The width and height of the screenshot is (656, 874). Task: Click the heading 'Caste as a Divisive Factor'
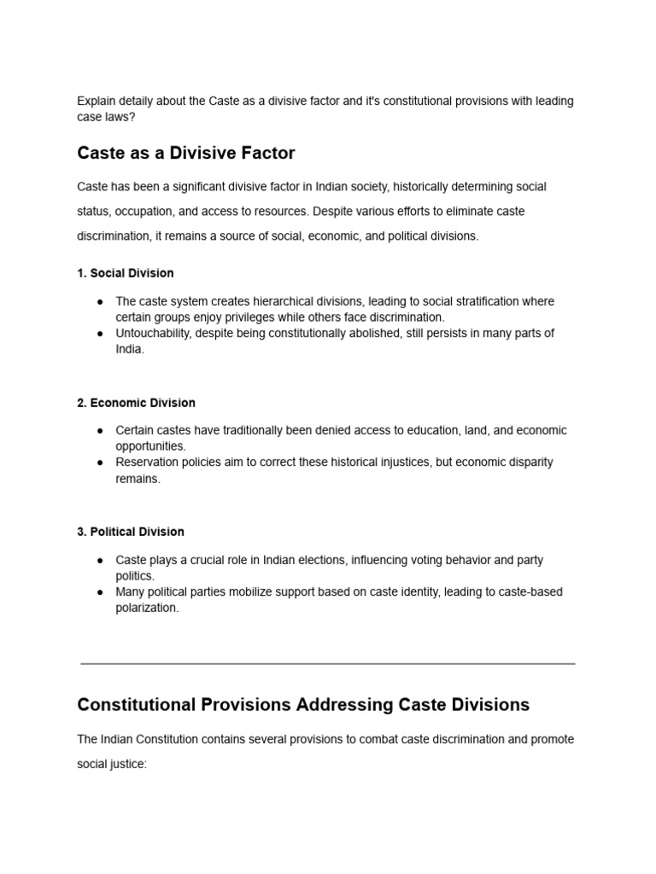click(x=185, y=154)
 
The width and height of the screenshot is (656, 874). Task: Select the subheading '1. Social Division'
click(x=125, y=273)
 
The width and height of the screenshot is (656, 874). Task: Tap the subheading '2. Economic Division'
click(x=136, y=403)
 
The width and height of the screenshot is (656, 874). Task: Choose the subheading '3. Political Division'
click(x=130, y=532)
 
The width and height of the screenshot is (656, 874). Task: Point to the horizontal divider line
click(x=328, y=663)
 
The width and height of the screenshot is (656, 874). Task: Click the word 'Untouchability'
click(x=153, y=334)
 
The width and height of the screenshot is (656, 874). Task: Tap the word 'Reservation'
click(x=147, y=463)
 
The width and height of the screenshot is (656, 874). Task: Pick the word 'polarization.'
click(x=147, y=609)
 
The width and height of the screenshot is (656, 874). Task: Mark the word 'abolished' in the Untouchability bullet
click(x=372, y=334)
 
